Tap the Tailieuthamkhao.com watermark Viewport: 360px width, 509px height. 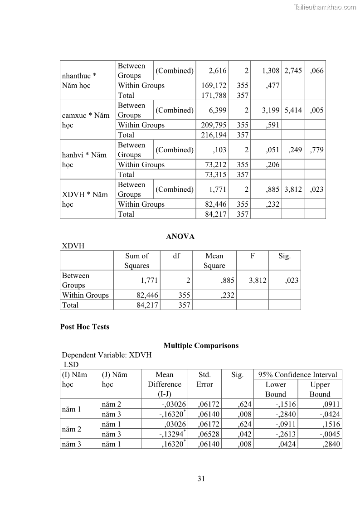coord(325,7)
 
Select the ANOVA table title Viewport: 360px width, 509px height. coord(180,237)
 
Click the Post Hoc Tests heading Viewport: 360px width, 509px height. coord(85,327)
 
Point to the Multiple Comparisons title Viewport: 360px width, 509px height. coord(201,345)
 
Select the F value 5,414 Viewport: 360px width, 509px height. coord(293,110)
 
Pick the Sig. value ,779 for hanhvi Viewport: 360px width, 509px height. coord(316,150)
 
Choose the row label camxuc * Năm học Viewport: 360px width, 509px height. coord(86,120)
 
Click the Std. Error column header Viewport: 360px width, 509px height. coord(204,379)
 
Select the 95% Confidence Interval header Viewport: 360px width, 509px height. coord(297,374)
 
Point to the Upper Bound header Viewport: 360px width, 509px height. coord(320,389)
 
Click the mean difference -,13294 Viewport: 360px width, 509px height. coord(172,434)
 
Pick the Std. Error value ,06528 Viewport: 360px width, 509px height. coord(209,434)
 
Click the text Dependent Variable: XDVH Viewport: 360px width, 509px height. coord(107,355)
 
